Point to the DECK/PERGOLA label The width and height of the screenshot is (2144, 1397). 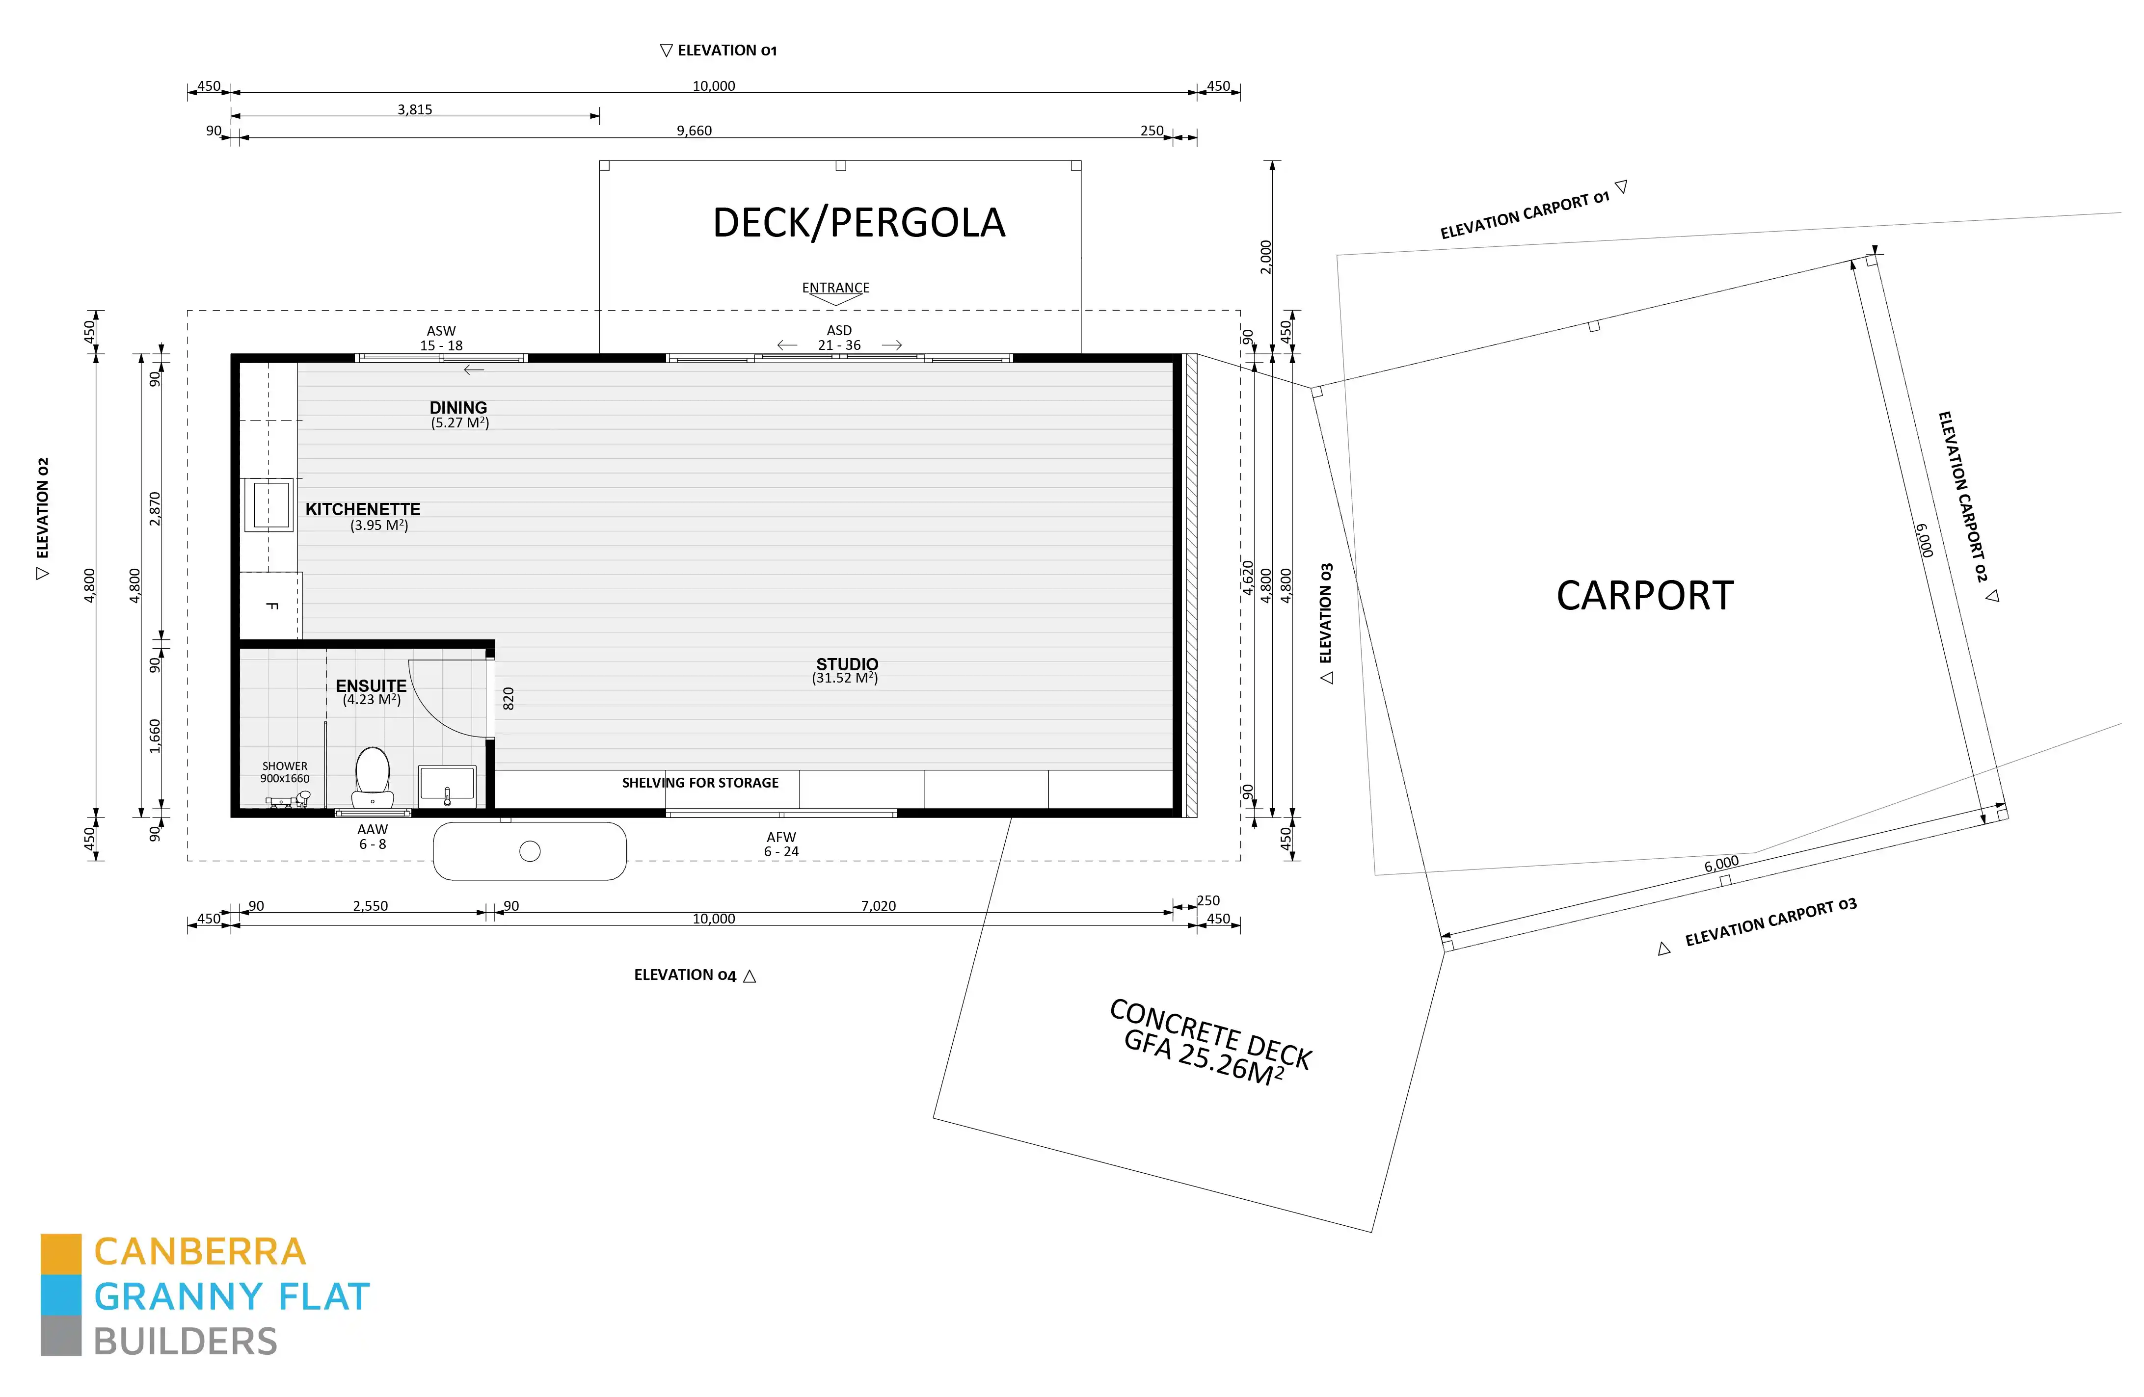858,222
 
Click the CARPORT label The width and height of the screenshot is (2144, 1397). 1645,595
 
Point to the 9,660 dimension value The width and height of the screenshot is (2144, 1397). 694,131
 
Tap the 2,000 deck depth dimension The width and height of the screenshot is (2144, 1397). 1266,257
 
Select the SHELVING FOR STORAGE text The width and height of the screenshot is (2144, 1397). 700,783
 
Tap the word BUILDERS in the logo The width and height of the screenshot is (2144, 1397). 186,1342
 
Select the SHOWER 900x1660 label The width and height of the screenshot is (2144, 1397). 285,772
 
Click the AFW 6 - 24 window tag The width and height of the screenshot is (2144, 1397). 781,844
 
